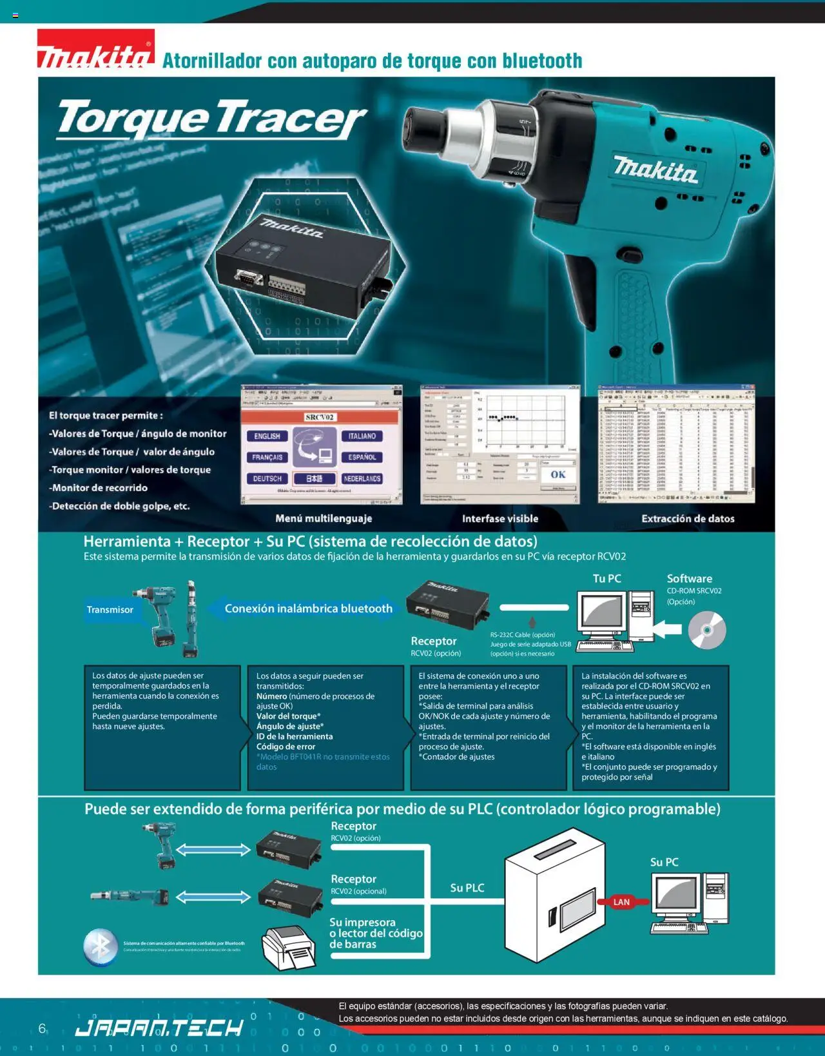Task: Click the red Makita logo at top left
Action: pos(95,49)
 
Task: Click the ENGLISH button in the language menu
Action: pos(267,436)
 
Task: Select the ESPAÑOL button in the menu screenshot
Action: pos(362,457)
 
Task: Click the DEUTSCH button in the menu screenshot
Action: pos(267,479)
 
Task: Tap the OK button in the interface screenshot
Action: pos(558,474)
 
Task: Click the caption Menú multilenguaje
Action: pos(324,518)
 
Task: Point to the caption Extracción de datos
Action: pos(688,518)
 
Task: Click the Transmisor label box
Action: pos(110,610)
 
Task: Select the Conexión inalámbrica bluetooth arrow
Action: pos(303,609)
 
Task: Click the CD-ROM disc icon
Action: pos(707,630)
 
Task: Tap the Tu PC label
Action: pos(607,578)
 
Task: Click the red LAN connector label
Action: pos(621,902)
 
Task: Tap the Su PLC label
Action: pos(467,888)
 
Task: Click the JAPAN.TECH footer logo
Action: pos(159,1027)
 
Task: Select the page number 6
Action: pos(42,1028)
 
